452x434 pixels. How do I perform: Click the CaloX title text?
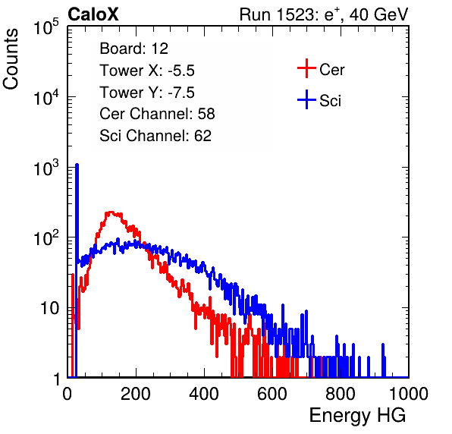coord(93,14)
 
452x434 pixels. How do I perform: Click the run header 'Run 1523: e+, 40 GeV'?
coord(324,14)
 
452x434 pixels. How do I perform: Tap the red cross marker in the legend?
coord(306,68)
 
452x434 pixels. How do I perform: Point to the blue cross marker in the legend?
coord(306,99)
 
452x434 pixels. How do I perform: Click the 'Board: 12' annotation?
coord(133,49)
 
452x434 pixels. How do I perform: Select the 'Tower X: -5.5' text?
coord(147,71)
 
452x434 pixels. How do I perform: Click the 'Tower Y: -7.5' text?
coord(147,93)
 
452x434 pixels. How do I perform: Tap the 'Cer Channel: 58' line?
coord(157,114)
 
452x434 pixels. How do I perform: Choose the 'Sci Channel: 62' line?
coord(155,136)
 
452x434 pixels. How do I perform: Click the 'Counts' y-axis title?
coord(11,58)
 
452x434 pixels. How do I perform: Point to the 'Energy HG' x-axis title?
coord(357,416)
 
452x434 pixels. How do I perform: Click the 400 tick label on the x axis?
coord(204,394)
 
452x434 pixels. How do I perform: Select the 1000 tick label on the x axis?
coord(409,394)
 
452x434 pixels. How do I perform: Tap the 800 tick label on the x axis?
coord(341,394)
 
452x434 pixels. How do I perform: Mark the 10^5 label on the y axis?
coord(46,27)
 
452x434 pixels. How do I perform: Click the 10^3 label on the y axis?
coord(46,168)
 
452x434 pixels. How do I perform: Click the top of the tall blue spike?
coord(77,165)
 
